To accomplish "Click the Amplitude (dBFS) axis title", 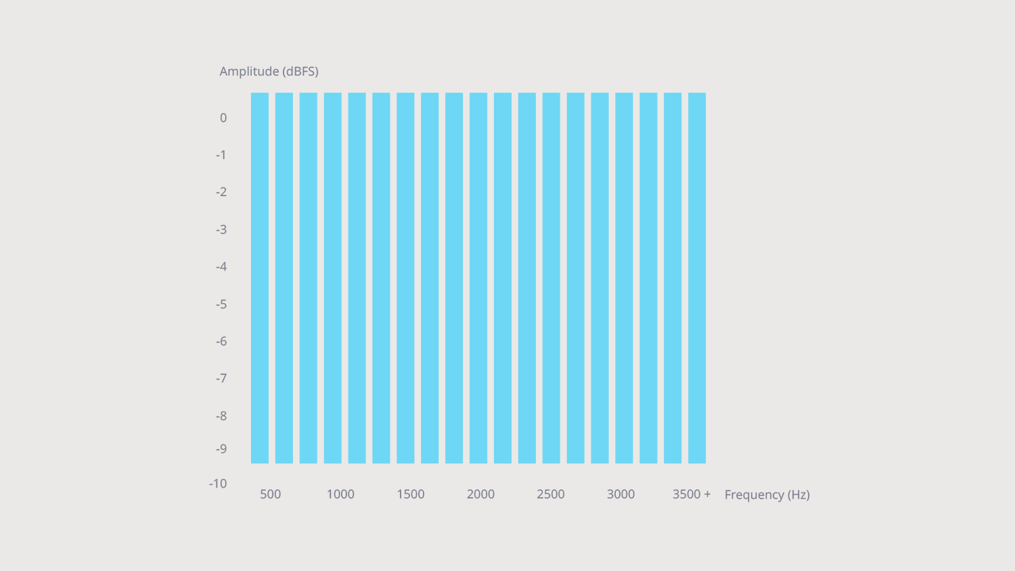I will click(269, 71).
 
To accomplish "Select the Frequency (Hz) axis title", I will click(767, 495).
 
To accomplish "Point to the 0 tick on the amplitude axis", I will click(223, 118).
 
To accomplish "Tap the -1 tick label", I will click(221, 155).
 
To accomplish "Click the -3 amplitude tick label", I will click(221, 229).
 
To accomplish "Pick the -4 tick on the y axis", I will click(221, 267).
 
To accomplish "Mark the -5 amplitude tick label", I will click(221, 304).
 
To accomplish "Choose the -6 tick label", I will click(221, 342).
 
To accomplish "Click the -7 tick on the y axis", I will click(221, 378).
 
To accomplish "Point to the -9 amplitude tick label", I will click(221, 449).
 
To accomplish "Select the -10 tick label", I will click(218, 484).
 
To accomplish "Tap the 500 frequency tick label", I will click(270, 495).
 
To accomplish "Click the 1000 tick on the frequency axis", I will click(340, 495).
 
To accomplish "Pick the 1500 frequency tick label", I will click(411, 495).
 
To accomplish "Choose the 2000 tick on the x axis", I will click(480, 495).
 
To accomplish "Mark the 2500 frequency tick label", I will click(551, 495).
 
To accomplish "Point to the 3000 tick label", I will click(621, 495).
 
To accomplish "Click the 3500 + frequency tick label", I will click(692, 495).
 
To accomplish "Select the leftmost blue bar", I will click(260, 277).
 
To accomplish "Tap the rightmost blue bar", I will click(697, 277).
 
